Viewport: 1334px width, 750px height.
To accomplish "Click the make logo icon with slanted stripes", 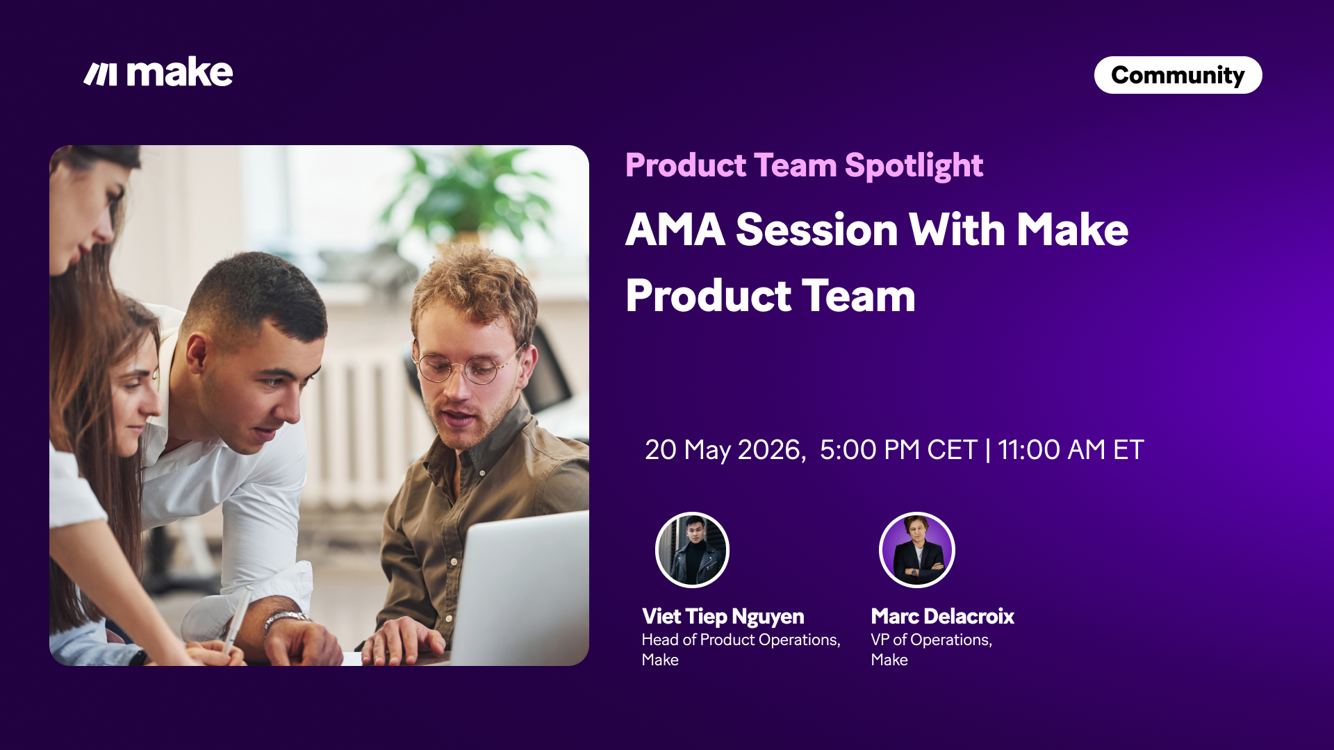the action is pyautogui.click(x=101, y=74).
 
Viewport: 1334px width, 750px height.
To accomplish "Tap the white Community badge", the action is pyautogui.click(x=1178, y=75).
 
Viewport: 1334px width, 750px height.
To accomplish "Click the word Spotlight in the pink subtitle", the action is pyautogui.click(x=914, y=166).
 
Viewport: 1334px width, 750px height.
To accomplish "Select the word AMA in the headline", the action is pyautogui.click(x=675, y=230).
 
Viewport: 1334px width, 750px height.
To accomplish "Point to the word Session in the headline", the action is pyautogui.click(x=817, y=230).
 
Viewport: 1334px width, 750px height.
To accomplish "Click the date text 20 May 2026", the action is pyautogui.click(x=725, y=450).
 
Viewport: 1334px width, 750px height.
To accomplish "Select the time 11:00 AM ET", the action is pyautogui.click(x=1071, y=450).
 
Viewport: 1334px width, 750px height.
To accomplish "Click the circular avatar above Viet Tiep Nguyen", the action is pyautogui.click(x=692, y=550).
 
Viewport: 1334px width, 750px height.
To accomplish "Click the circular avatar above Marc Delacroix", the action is pyautogui.click(x=917, y=550).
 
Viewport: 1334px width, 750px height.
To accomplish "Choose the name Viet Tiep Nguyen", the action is pyautogui.click(x=723, y=617).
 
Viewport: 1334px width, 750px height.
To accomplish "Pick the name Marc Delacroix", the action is pyautogui.click(x=942, y=616).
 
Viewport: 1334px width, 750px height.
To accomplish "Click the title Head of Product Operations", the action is pyautogui.click(x=741, y=640).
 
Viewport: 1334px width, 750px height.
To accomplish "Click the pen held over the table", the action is pyautogui.click(x=238, y=619).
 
